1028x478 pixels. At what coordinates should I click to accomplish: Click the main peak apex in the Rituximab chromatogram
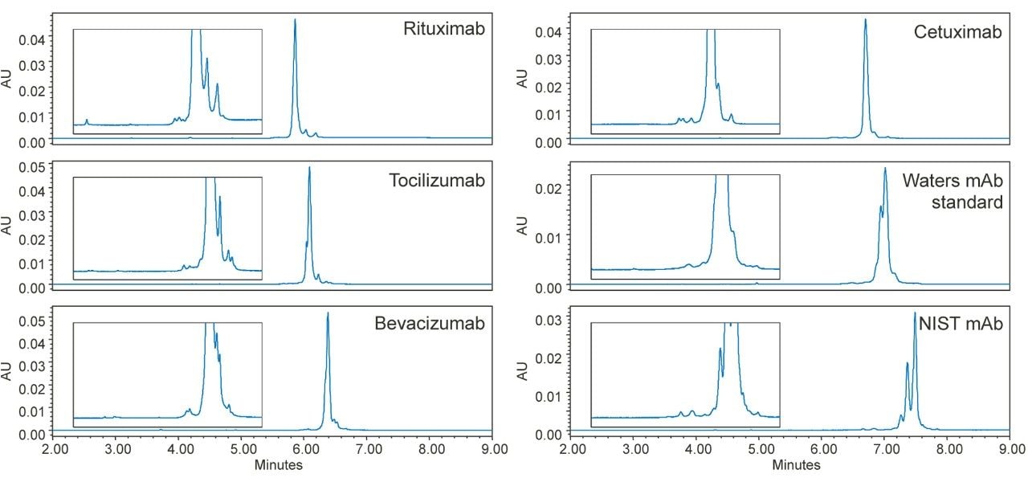[x=296, y=19]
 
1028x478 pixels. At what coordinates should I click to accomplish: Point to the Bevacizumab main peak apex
[x=328, y=313]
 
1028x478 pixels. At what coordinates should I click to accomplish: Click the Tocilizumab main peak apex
[x=309, y=167]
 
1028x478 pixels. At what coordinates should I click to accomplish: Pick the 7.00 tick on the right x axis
[x=887, y=450]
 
